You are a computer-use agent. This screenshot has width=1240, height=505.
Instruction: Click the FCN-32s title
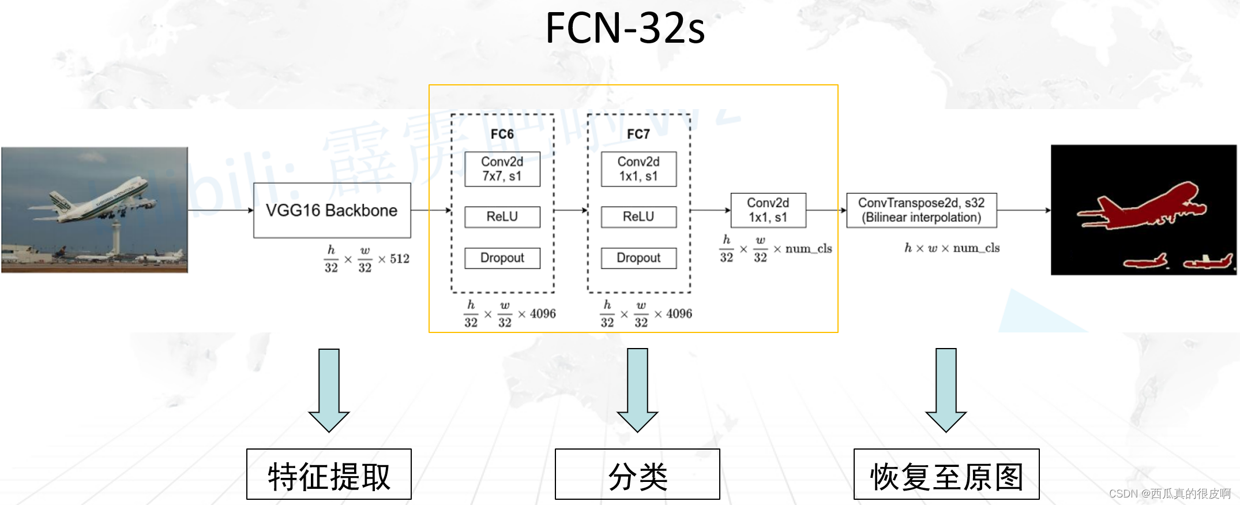tap(625, 28)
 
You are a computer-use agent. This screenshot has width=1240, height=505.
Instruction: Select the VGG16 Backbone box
tap(332, 210)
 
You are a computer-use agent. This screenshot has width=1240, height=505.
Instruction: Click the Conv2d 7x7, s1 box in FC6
tap(502, 169)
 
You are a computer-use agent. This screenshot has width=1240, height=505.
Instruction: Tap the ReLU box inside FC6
tap(502, 216)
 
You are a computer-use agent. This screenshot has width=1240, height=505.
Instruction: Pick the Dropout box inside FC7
tap(638, 258)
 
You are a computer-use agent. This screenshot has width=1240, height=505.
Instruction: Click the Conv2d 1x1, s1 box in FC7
tap(638, 169)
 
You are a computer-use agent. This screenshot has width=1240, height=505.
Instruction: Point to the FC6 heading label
tap(502, 134)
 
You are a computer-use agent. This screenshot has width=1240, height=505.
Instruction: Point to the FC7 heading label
tap(638, 134)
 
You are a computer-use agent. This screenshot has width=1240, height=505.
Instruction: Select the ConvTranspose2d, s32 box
tap(921, 210)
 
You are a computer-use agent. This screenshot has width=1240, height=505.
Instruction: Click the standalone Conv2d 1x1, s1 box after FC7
tap(768, 210)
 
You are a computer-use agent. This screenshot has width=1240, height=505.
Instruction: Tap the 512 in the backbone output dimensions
tap(399, 259)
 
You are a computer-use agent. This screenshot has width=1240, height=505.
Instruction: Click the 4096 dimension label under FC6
tap(543, 313)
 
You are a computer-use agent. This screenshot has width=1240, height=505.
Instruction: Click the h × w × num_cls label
tap(952, 248)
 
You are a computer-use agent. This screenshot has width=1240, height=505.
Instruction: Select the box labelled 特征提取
tap(329, 474)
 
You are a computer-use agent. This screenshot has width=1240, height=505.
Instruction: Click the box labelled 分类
tap(637, 474)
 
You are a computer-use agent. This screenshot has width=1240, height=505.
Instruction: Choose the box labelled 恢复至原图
tap(946, 474)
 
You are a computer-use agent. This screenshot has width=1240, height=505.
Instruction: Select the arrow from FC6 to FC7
tap(570, 210)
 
